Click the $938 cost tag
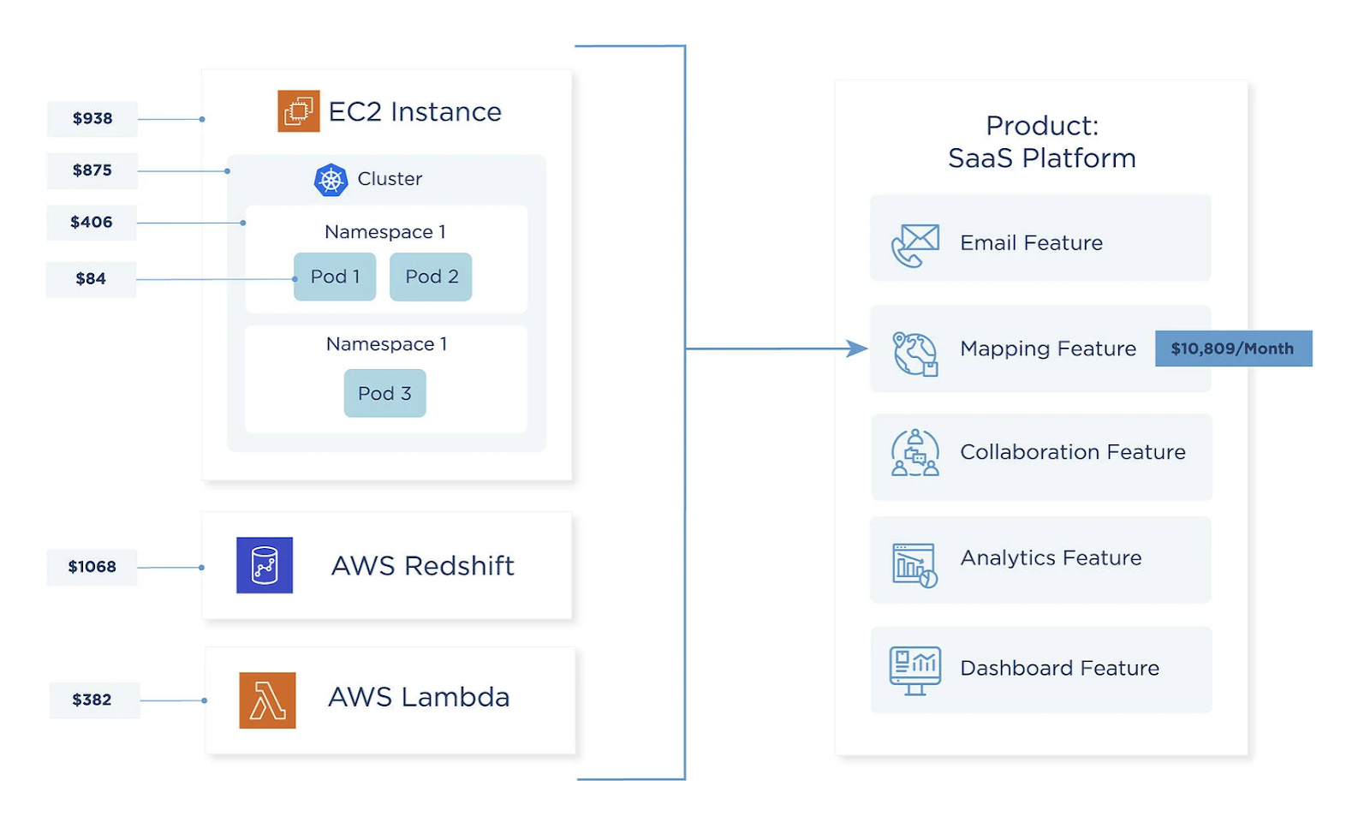pos(92,118)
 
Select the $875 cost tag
pos(92,170)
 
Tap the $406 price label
pos(92,223)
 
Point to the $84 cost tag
pos(91,279)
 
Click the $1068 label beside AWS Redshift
pos(92,567)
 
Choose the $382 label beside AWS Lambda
pos(92,700)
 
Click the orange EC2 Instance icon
pos(299,111)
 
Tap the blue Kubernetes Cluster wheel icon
pos(331,180)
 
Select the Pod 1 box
pos(335,277)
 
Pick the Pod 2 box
pos(431,277)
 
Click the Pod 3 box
pos(384,393)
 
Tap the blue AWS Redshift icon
pos(265,565)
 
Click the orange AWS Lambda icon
pos(267,700)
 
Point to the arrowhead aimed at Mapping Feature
pos(856,348)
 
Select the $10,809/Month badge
pos(1233,348)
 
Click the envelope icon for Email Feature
pos(915,244)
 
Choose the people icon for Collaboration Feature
pos(915,453)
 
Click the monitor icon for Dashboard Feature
pos(915,670)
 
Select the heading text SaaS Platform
pos(1041,158)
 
